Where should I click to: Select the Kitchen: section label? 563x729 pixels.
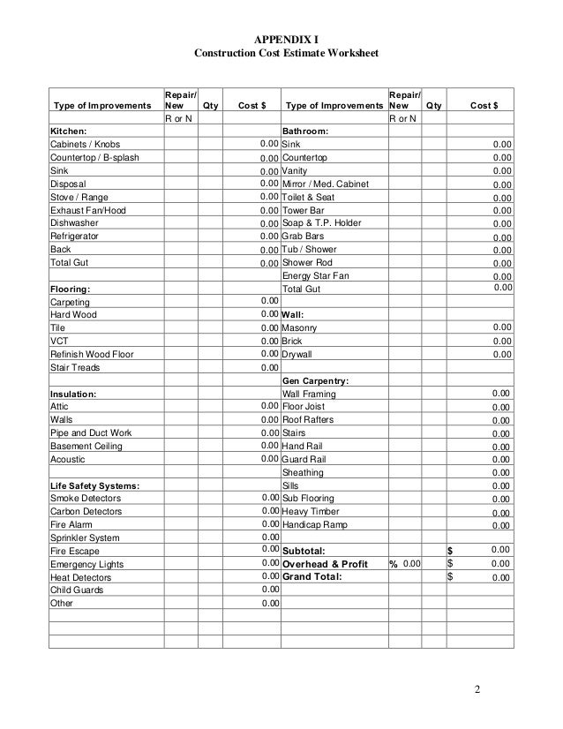(69, 131)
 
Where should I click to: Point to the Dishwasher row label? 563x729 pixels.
(73, 223)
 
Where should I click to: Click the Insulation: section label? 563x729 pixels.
(73, 394)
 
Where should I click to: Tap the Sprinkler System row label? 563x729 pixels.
(85, 537)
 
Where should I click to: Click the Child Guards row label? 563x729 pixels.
(77, 590)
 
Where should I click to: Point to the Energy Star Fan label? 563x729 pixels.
(315, 276)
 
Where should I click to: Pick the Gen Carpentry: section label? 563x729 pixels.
(315, 380)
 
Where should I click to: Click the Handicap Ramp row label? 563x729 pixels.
(319, 525)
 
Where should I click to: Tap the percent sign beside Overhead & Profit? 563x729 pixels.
(393, 564)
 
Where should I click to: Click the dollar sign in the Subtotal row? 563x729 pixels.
(451, 551)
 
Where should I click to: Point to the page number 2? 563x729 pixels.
(476, 689)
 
